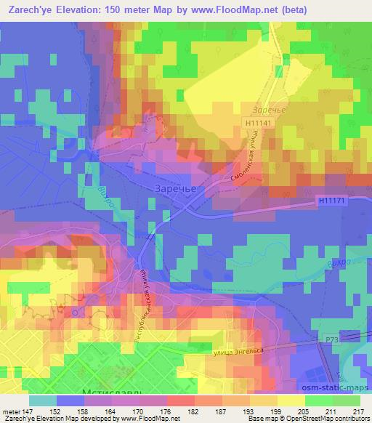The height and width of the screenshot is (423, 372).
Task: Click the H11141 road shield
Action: pos(257,126)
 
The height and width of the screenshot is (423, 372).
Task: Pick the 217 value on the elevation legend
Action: pos(356,412)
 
